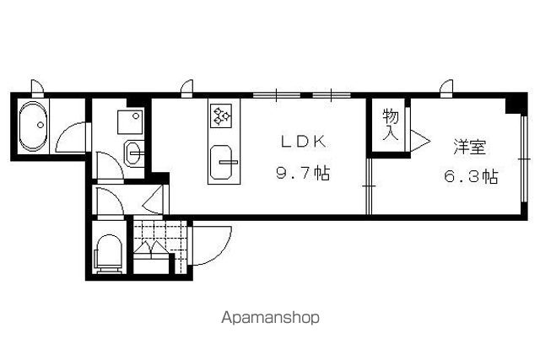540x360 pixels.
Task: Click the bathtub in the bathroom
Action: click(x=33, y=126)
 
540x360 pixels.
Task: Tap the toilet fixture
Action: click(x=109, y=254)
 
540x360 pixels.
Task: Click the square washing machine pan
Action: click(x=130, y=122)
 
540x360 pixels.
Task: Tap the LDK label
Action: click(x=304, y=142)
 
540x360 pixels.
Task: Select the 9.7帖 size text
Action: click(x=303, y=173)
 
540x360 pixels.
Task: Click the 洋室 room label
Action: click(x=469, y=147)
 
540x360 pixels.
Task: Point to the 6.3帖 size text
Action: click(x=471, y=176)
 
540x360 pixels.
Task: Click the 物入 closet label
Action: click(x=391, y=124)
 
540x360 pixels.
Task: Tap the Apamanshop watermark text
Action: click(x=270, y=317)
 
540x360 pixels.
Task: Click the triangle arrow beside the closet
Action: click(x=420, y=141)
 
